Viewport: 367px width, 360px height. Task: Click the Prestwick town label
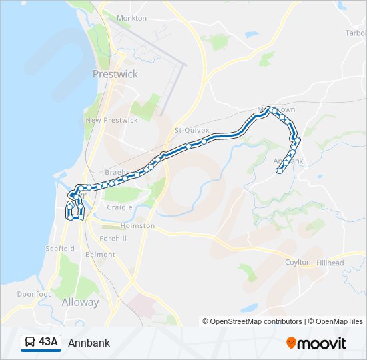[115, 74]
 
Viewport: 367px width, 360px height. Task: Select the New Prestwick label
[111, 120]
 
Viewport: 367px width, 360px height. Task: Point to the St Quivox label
[192, 130]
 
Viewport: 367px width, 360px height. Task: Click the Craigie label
[120, 207]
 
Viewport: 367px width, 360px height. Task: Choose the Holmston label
[137, 226]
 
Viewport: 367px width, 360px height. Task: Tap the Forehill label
[113, 239]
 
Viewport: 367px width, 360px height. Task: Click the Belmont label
[101, 255]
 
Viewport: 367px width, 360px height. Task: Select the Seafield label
[60, 249]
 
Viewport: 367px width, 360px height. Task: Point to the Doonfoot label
[34, 294]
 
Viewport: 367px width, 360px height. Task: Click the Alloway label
[80, 302]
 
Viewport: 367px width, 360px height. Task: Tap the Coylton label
[298, 262]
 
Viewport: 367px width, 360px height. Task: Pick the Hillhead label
[330, 263]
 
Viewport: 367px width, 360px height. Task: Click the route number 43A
[49, 343]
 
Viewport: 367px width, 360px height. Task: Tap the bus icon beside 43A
[30, 343]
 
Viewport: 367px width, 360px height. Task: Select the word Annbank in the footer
[89, 343]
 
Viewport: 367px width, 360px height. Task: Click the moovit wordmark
[322, 343]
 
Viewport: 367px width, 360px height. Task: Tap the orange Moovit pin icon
[291, 343]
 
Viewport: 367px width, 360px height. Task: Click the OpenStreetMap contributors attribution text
[256, 321]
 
